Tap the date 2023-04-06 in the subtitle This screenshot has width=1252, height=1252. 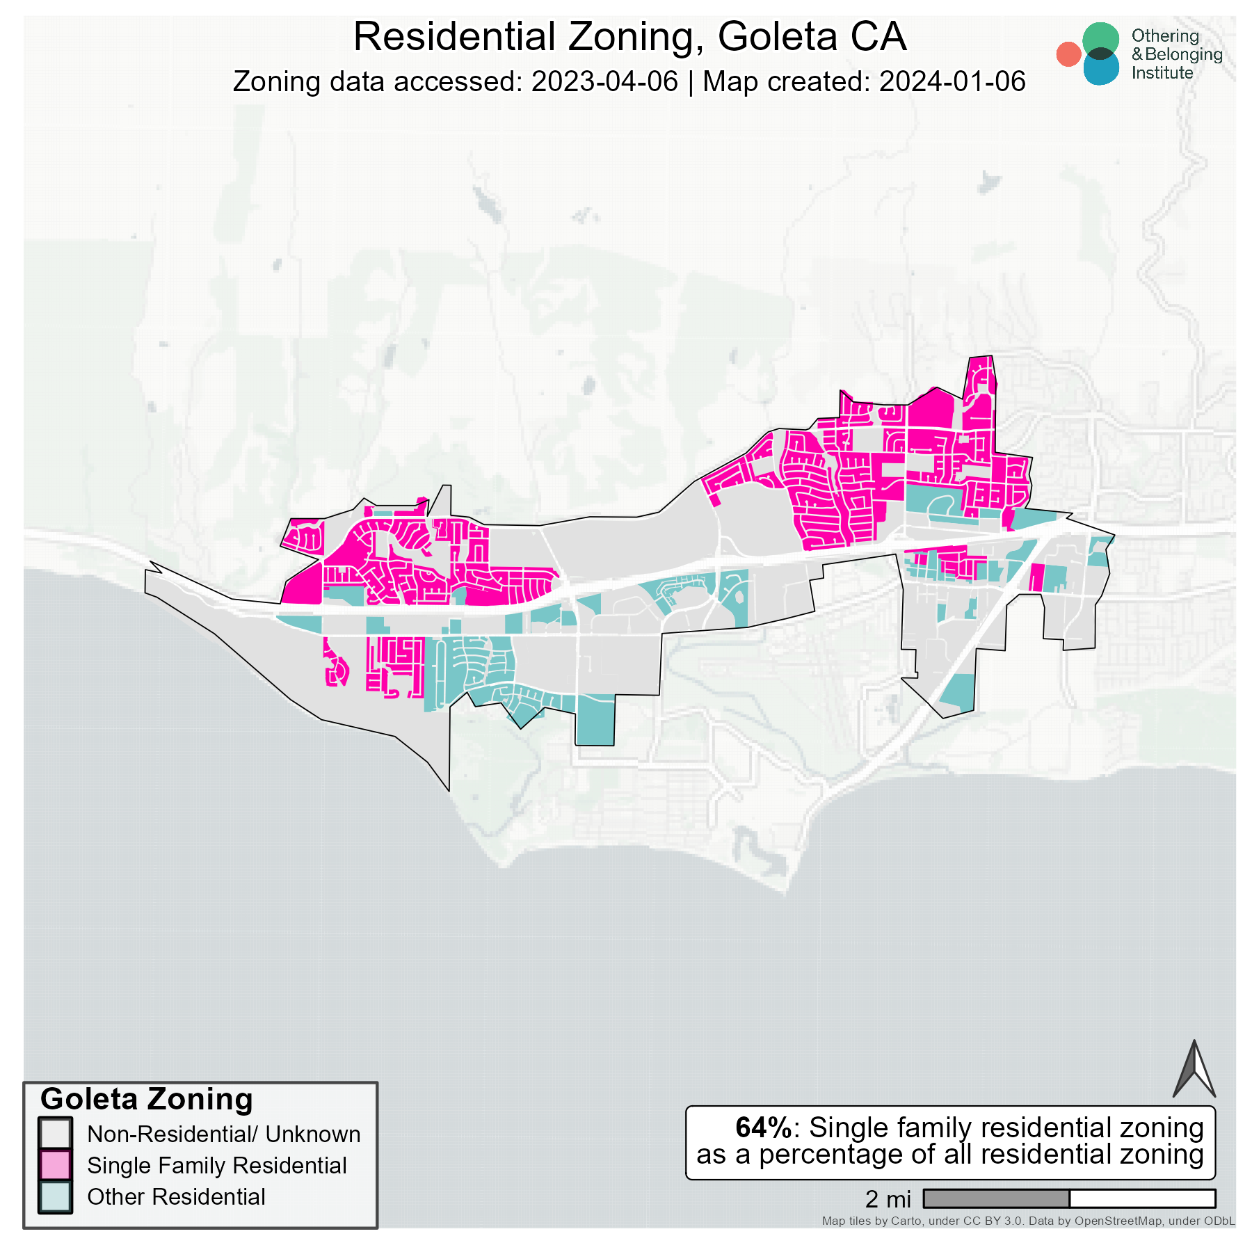(x=604, y=81)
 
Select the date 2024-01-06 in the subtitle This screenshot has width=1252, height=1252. (x=952, y=81)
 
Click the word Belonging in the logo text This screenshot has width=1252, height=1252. (x=1183, y=54)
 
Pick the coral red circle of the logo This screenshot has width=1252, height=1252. (x=1068, y=54)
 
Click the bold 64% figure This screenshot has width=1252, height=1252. (x=764, y=1127)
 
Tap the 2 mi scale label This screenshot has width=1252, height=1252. (x=888, y=1199)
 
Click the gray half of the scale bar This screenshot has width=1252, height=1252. (x=996, y=1198)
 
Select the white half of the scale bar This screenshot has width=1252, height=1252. (x=1142, y=1198)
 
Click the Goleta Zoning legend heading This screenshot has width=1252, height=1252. (x=147, y=1100)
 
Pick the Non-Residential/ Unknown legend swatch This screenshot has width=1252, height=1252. (x=56, y=1134)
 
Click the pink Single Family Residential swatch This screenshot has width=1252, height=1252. (x=56, y=1165)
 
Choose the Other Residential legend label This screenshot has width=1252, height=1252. (x=176, y=1197)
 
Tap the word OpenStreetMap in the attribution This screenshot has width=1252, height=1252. (x=1118, y=1221)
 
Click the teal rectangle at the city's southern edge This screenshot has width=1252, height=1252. (x=595, y=720)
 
